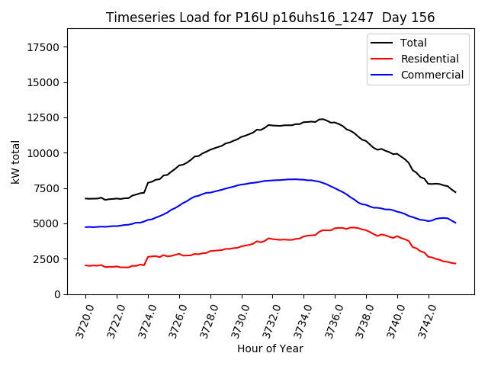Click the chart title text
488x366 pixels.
tap(271, 18)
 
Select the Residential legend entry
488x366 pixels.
tap(429, 59)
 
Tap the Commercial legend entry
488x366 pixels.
tap(432, 75)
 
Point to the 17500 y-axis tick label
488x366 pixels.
tap(43, 47)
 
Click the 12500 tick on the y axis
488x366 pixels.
tap(43, 118)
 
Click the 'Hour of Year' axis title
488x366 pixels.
tap(270, 348)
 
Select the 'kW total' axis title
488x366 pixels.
tap(15, 162)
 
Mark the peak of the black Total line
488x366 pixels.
tap(321, 119)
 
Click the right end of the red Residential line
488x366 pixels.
tap(455, 264)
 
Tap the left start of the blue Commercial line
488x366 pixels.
tap(85, 227)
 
